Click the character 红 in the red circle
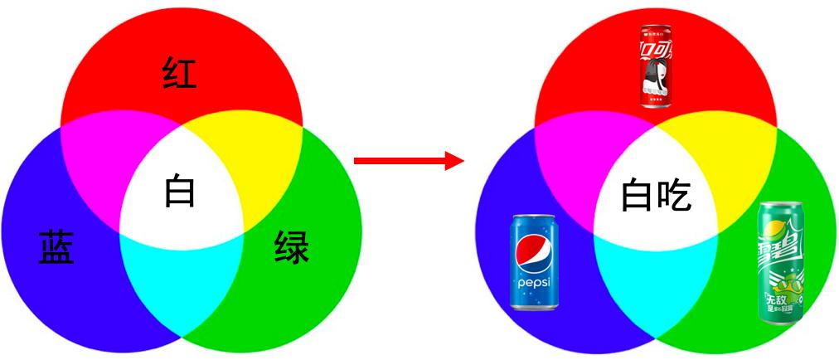[x=180, y=74]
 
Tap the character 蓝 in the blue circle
[x=56, y=247]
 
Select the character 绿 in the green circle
[x=291, y=247]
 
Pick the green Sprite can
[x=780, y=262]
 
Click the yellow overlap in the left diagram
[x=249, y=158]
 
